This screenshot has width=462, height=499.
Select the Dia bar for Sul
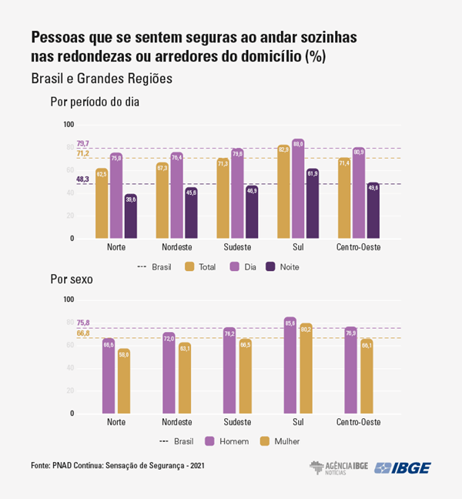[298, 189]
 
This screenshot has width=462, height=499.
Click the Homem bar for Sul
[290, 366]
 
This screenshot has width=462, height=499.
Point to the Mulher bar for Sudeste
[245, 376]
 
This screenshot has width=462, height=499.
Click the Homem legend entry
[227, 441]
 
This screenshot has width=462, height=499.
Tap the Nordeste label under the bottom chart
[177, 423]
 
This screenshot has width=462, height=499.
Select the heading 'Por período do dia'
[94, 101]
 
